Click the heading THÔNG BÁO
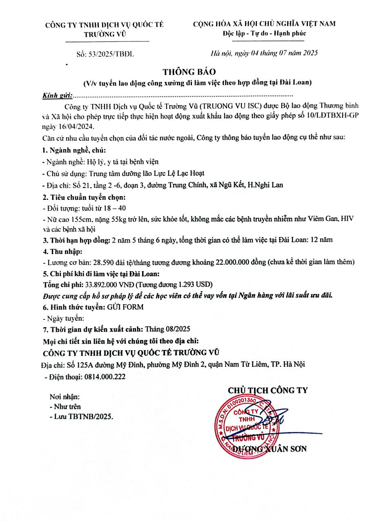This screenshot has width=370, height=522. click(185, 72)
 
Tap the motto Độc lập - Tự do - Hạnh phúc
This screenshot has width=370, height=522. click(264, 33)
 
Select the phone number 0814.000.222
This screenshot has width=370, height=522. click(105, 377)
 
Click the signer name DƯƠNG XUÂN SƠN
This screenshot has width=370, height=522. click(277, 449)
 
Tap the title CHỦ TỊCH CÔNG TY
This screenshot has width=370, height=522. click(267, 390)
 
